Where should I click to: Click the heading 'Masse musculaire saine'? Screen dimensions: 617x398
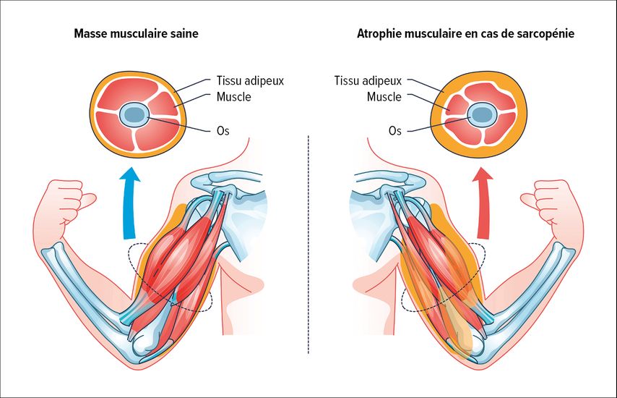pos(136,33)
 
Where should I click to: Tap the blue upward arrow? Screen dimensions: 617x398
pos(129,203)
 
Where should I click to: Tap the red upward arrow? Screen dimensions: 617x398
pos(483,203)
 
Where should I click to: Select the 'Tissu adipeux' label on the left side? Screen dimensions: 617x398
pos(250,81)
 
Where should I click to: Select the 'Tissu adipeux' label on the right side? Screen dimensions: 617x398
pos(368,81)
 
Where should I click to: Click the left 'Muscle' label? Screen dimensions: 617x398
pos(234,96)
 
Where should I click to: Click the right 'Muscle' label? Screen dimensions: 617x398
pos(384,96)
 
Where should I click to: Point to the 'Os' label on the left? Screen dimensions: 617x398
pos(223,130)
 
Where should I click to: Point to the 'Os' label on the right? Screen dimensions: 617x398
pos(395,130)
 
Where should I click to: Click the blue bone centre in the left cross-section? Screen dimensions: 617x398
pos(134,114)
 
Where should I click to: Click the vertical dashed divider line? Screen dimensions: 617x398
pos(308,245)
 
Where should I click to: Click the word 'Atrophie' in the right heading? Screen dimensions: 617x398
pos(379,34)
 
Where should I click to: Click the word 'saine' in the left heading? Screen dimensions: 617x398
pos(184,34)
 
